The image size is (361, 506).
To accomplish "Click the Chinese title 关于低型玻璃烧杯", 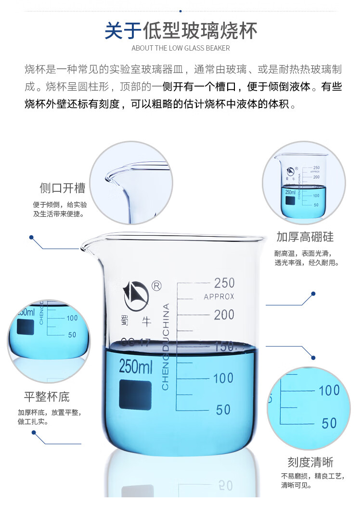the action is pos(181,31).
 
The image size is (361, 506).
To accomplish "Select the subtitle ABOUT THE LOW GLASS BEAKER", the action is pos(180,48).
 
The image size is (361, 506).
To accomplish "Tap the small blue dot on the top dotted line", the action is pos(180,11).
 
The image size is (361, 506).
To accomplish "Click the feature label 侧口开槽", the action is pos(63,188).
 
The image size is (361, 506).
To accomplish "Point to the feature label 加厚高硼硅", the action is pos(305,237).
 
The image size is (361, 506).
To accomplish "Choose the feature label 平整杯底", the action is pos(47,397).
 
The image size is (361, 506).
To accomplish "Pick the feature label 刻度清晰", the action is pos(310,462).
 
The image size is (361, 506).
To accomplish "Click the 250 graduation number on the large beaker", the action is pos(224,283).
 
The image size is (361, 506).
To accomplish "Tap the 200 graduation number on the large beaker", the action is pos(224,315).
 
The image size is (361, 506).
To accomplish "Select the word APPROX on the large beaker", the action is pos(219,296).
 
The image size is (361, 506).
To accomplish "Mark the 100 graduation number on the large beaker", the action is pos(223,378).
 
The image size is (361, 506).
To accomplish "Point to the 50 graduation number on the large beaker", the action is pos(223,410).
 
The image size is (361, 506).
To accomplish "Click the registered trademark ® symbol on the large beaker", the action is pos(156,286).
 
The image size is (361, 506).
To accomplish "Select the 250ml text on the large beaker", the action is pos(136,366).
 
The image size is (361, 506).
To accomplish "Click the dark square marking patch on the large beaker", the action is pos(135,395).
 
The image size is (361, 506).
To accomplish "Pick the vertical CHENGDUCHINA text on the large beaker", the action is pos(166,346).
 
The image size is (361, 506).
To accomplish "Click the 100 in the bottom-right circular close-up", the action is pos(329,390).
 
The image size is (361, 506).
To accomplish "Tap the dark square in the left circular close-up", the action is pos(26,327).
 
